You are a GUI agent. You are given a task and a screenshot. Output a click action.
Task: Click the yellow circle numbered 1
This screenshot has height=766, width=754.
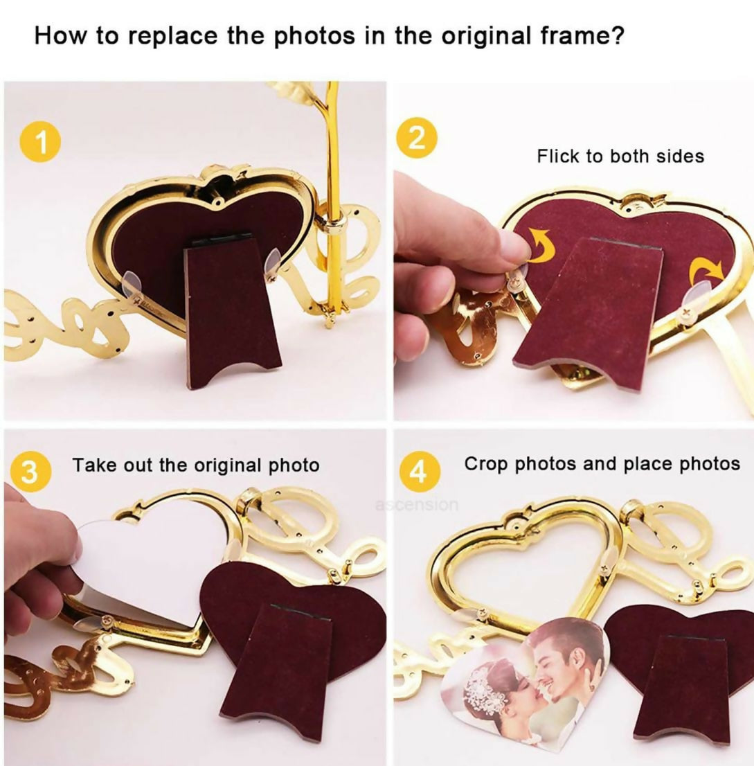[41, 143]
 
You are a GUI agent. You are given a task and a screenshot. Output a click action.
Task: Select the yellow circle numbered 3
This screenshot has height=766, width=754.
[30, 472]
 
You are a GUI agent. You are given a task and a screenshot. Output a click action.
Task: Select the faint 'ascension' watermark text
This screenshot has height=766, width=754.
[417, 504]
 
